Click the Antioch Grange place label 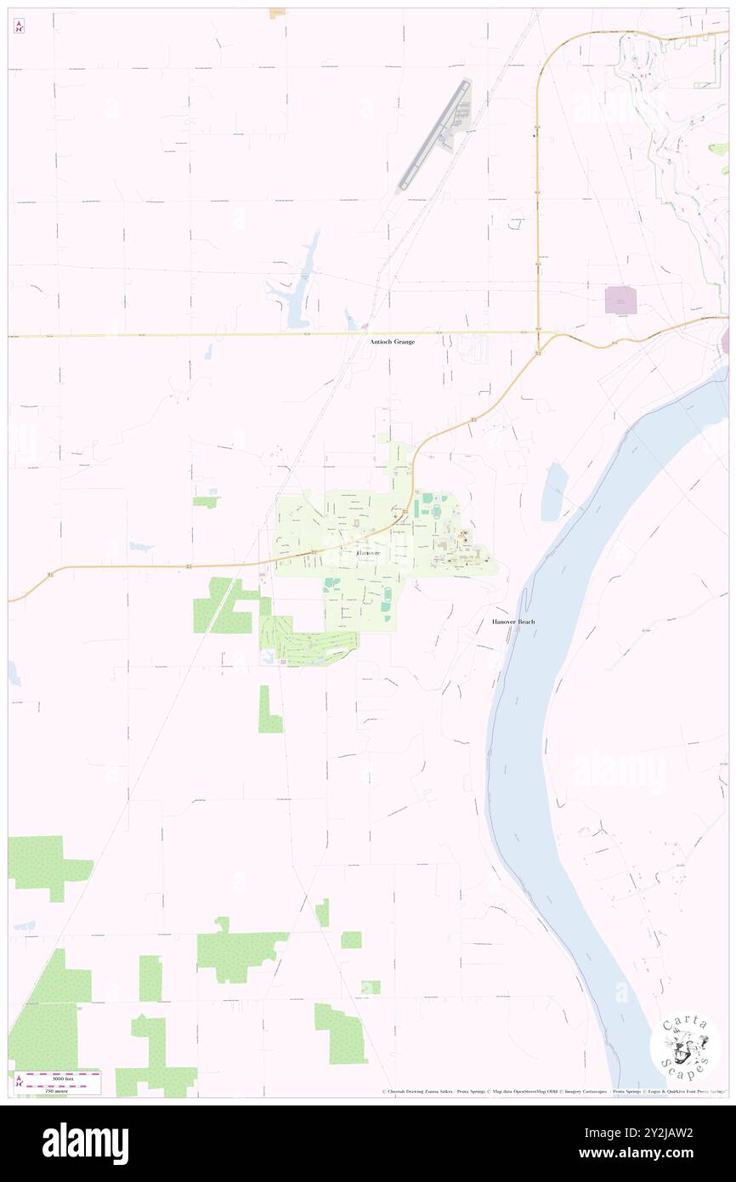392,341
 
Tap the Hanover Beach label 513,622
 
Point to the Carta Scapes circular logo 684,1048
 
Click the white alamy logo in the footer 85,1144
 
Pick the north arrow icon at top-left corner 20,26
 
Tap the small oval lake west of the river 554,492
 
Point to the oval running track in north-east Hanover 436,511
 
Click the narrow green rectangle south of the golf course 269,710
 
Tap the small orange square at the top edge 276,13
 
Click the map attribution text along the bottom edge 552,1091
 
